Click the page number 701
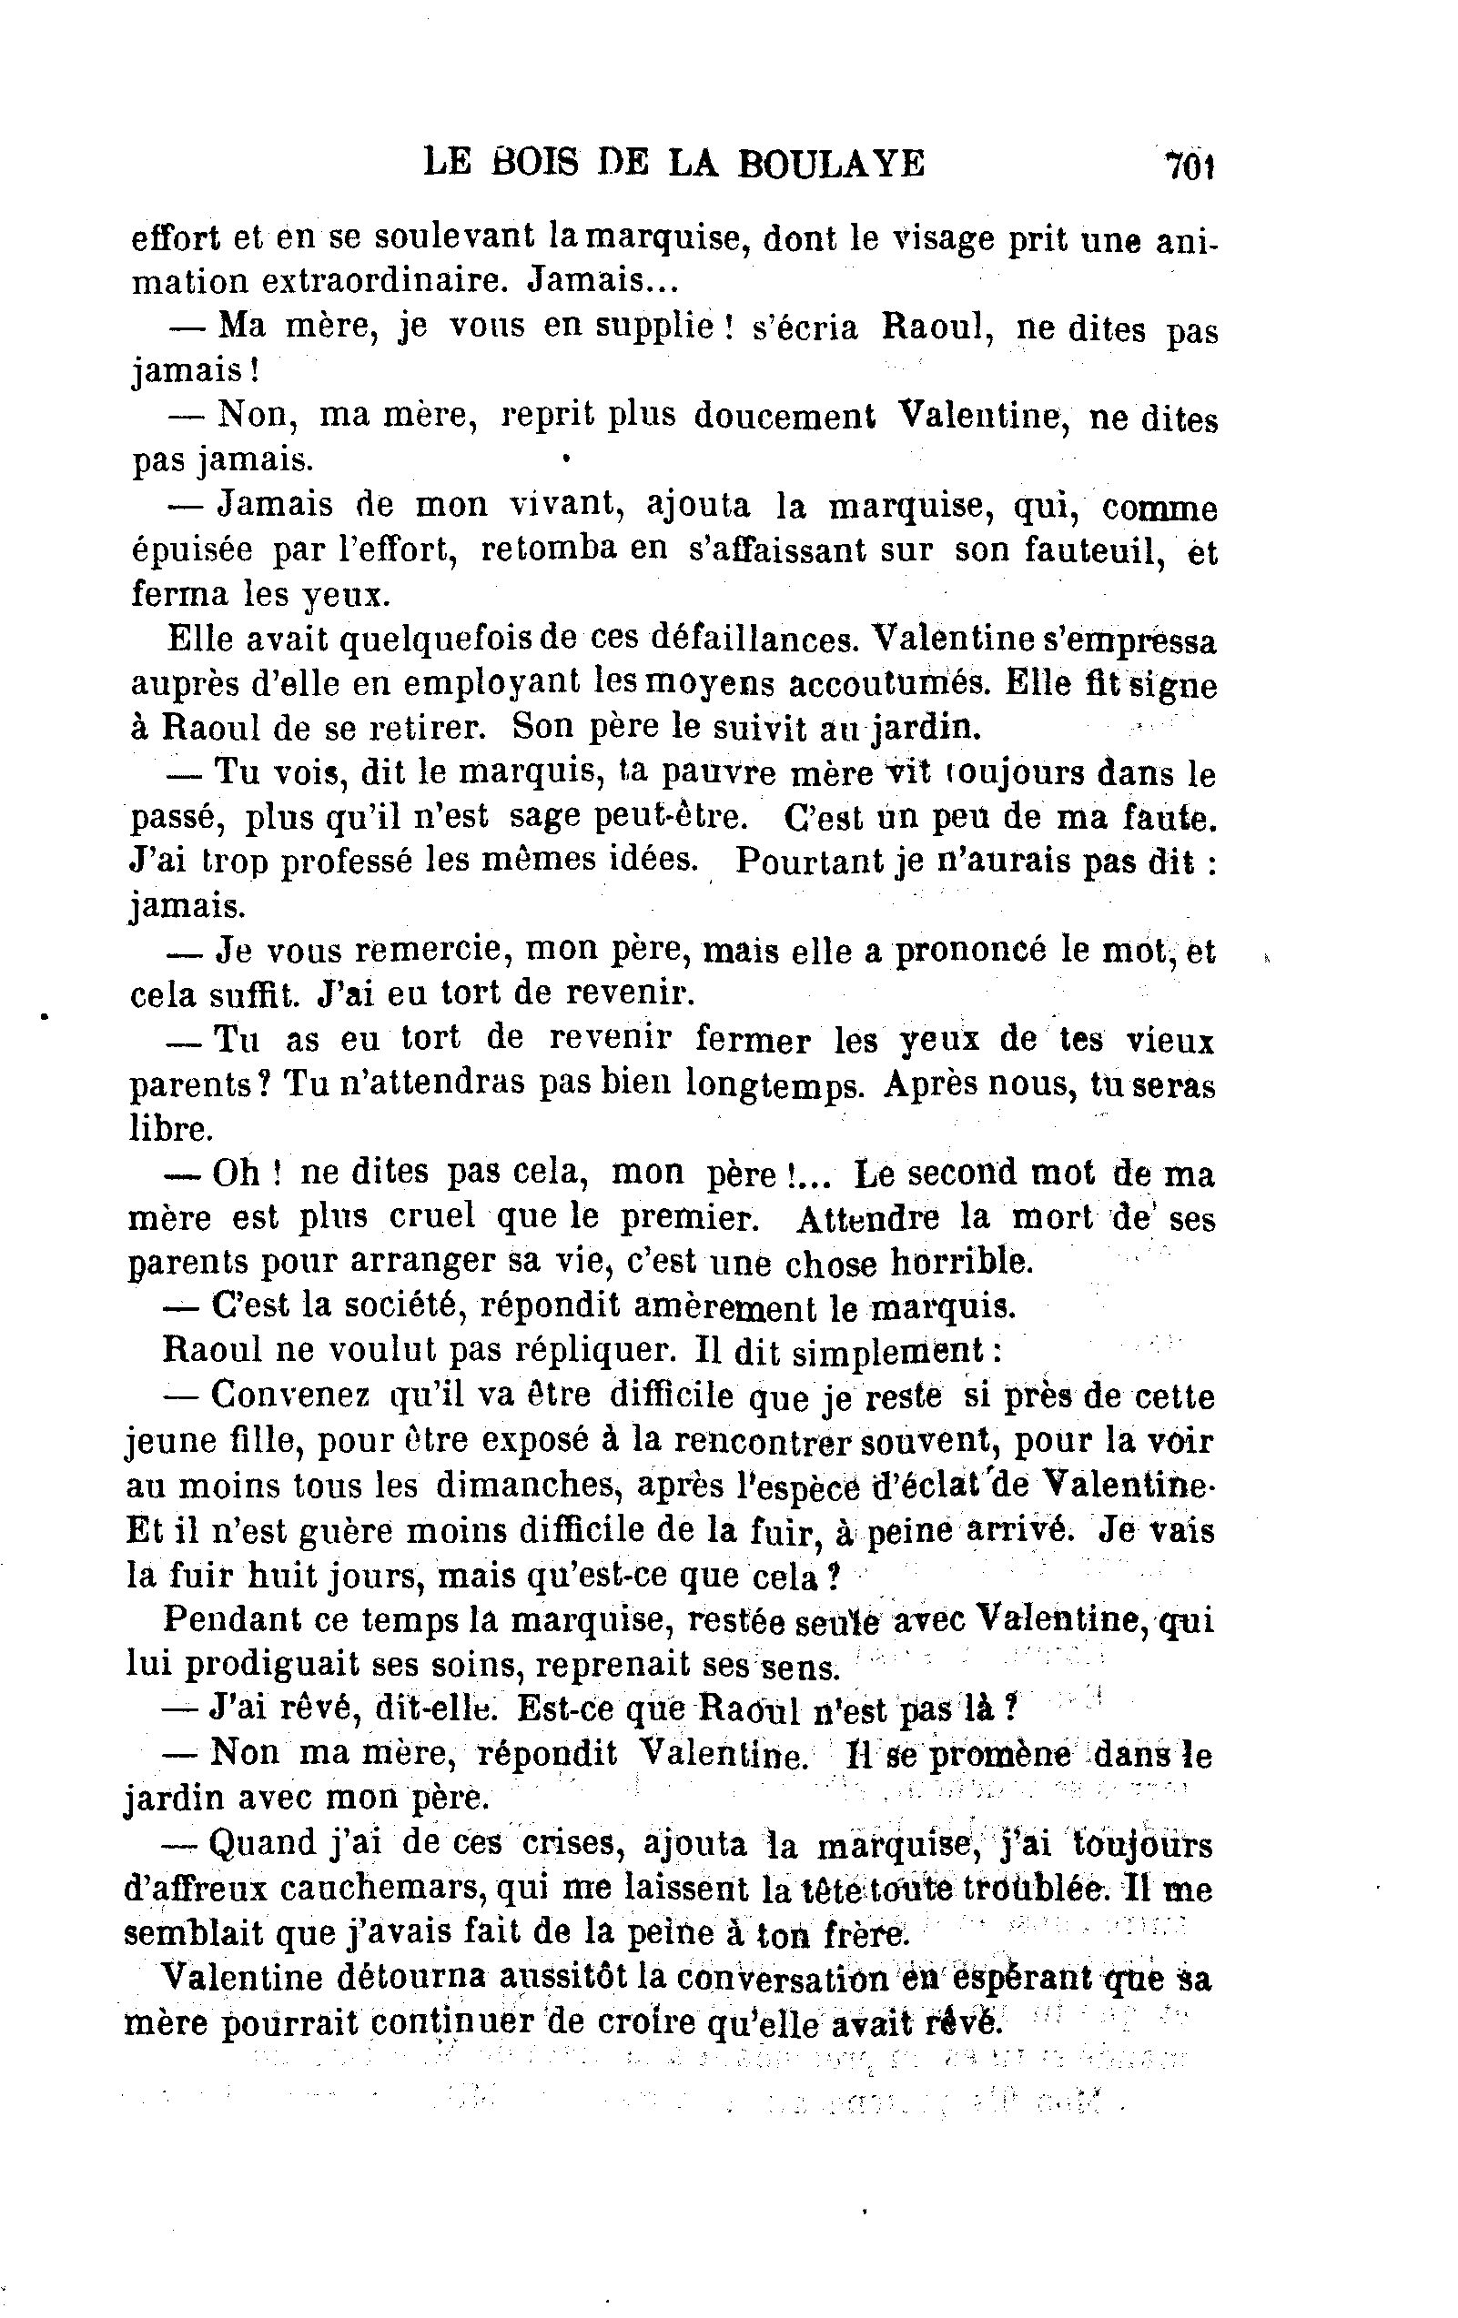[x=1189, y=165]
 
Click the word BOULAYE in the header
[x=830, y=164]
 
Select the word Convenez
[x=289, y=1395]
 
